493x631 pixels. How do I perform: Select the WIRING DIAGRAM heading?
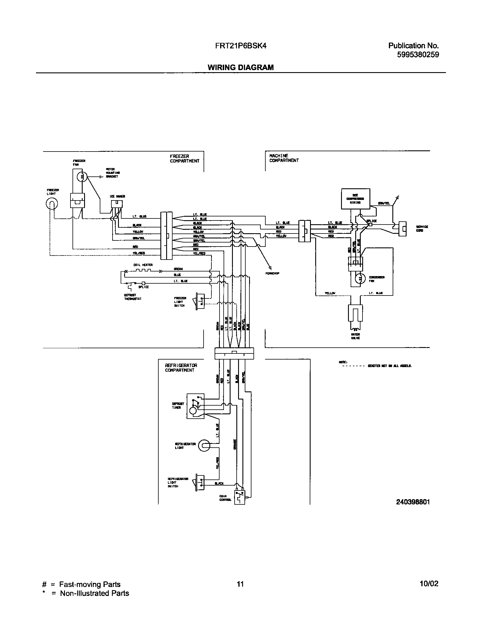click(x=240, y=68)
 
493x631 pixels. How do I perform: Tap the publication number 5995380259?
click(x=418, y=54)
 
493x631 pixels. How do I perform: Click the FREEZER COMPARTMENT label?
click(x=184, y=158)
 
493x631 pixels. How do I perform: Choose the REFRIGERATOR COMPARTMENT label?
click(x=181, y=368)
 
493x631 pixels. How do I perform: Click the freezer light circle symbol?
click(x=52, y=204)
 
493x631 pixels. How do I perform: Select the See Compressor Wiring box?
click(x=356, y=199)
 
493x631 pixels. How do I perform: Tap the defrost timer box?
click(x=195, y=406)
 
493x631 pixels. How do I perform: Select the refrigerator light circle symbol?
click(x=204, y=446)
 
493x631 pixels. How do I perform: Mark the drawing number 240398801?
click(x=413, y=502)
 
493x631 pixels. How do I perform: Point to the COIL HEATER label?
click(x=143, y=265)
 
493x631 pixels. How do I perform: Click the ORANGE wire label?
click(x=235, y=444)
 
